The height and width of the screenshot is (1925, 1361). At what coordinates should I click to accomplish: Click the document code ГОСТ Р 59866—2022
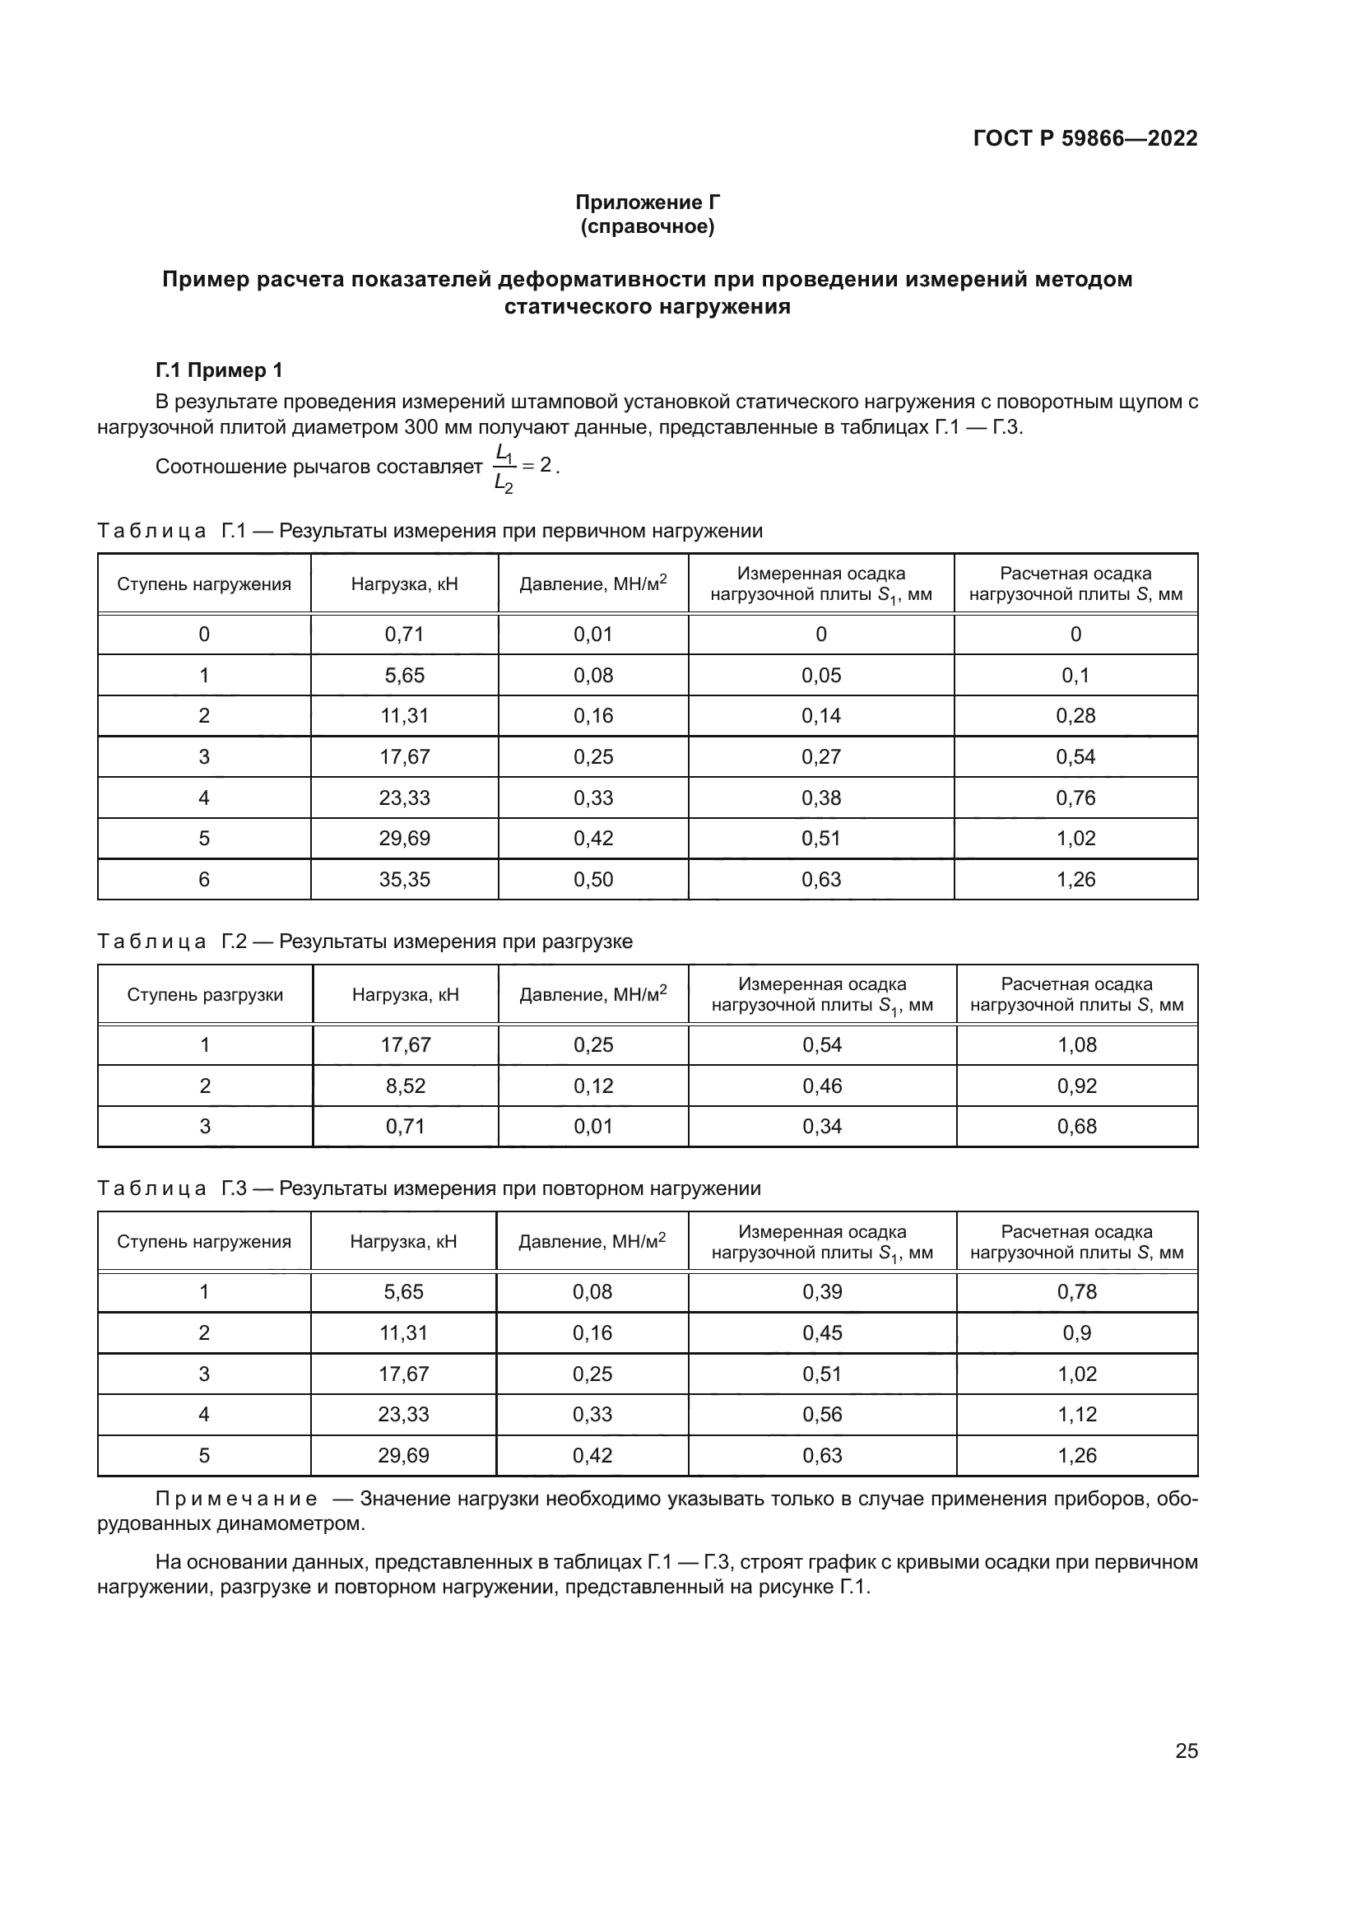1085,138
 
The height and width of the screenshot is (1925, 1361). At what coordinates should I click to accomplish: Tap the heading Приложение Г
647,202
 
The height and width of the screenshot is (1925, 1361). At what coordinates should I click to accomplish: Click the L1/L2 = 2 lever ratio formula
524,467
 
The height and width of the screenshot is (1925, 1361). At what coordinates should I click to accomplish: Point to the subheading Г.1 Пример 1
220,370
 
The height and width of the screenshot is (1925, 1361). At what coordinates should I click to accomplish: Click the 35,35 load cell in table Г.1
404,880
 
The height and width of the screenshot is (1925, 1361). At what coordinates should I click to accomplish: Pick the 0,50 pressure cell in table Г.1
592,880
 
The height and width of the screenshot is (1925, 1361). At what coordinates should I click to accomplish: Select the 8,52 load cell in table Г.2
406,1086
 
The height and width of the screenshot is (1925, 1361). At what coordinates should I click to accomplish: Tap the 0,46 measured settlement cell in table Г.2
821,1086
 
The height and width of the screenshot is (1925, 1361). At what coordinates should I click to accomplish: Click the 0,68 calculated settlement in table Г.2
1076,1126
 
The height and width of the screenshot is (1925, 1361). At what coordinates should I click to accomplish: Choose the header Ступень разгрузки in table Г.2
206,994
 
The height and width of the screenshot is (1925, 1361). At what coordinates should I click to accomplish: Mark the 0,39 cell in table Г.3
821,1291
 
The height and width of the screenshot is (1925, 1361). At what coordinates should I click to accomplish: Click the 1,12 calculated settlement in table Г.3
1076,1415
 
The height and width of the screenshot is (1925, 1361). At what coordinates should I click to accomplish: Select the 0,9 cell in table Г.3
1076,1332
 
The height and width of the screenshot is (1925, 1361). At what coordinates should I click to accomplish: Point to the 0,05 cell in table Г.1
820,675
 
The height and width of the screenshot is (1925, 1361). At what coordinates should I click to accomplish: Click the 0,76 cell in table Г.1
1075,797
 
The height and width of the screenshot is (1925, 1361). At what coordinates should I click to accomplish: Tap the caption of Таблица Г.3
429,1188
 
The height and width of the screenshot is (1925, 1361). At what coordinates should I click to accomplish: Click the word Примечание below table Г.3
236,1498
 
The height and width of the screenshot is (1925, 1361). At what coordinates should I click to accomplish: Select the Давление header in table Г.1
592,584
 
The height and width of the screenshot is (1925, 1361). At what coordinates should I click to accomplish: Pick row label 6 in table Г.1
203,880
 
